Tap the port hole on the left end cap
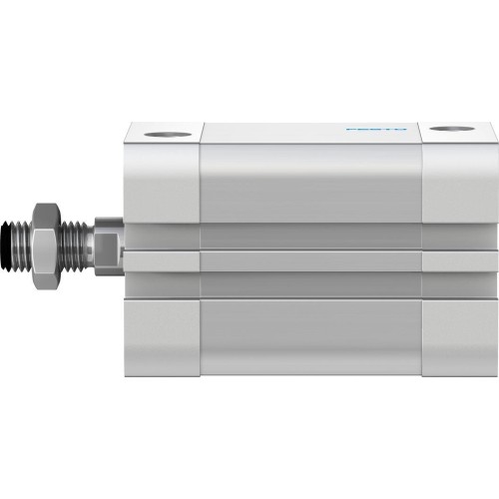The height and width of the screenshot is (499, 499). pyautogui.click(x=159, y=131)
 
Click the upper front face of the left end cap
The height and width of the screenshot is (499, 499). pyautogui.click(x=161, y=180)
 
